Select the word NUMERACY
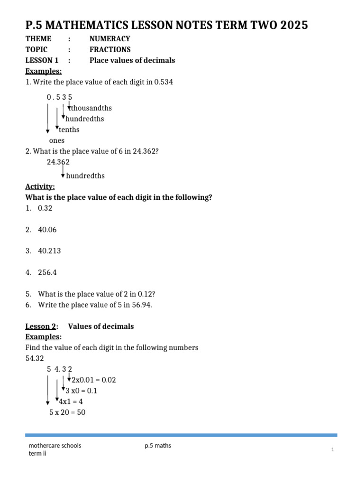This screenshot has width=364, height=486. (109, 39)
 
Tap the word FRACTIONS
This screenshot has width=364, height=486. (110, 49)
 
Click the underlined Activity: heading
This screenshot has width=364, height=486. (40, 187)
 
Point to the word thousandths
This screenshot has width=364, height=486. (91, 108)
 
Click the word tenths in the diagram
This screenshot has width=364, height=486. (69, 130)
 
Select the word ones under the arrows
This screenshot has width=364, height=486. (57, 140)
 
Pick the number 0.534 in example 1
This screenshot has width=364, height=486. (164, 82)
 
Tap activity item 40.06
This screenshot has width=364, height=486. (47, 230)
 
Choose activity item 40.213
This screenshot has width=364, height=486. (49, 251)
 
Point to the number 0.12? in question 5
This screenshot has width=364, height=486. (145, 294)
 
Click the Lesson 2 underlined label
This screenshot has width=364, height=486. (41, 327)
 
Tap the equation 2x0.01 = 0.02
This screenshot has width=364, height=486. (94, 380)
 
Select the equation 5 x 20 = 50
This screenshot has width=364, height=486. (67, 412)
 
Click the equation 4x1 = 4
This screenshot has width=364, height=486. (71, 402)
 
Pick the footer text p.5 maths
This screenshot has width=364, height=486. (158, 446)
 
